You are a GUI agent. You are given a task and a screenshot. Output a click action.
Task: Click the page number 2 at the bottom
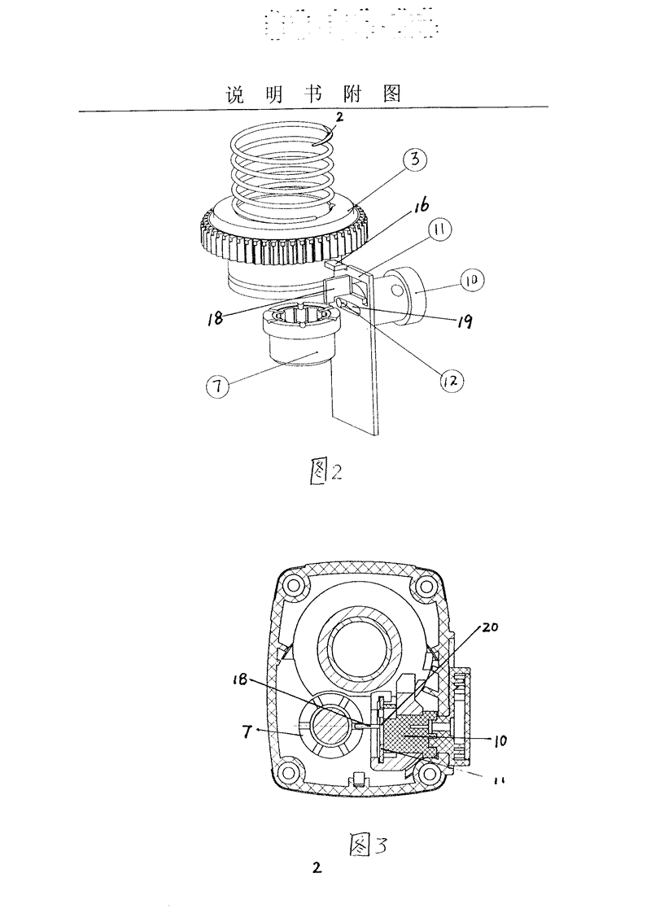318,868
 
